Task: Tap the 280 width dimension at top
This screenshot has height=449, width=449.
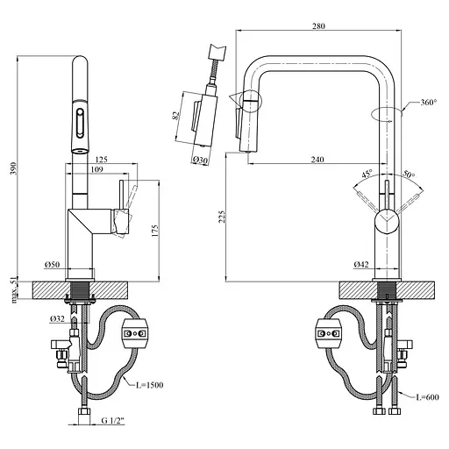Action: [x=317, y=26]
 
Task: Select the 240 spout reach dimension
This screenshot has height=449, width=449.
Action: [x=318, y=160]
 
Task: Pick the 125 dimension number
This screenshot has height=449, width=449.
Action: [x=102, y=160]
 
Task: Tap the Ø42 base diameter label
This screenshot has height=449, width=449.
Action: [x=360, y=264]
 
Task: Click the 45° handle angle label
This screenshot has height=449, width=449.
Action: [x=366, y=173]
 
